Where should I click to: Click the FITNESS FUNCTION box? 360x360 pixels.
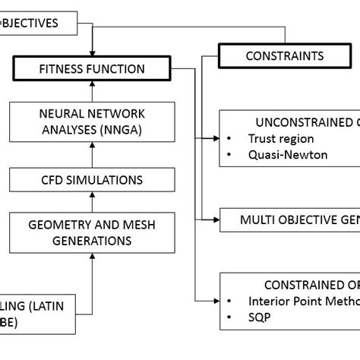[x=92, y=69]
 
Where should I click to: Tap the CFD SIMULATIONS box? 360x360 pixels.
[x=92, y=180]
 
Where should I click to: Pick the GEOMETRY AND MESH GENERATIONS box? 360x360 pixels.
[x=92, y=232]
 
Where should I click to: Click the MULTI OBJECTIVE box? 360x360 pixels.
[x=296, y=220]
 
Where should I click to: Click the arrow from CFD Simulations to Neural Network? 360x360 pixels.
[x=92, y=157]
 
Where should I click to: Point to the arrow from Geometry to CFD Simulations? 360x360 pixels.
[x=92, y=203]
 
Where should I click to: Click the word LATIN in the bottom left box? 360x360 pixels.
[x=48, y=305]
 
